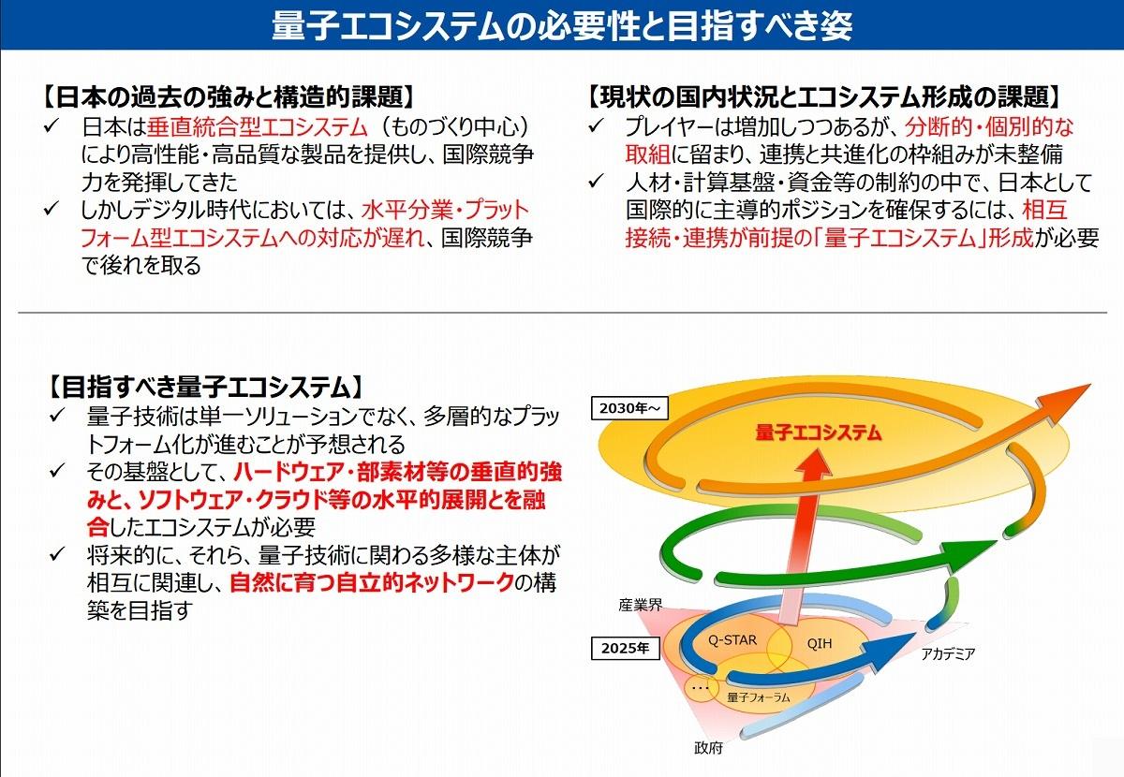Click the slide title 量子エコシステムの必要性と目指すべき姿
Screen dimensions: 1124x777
pos(562,25)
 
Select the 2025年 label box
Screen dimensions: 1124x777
pos(626,648)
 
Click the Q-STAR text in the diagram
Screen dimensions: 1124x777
pos(732,640)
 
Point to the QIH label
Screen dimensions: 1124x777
pos(819,643)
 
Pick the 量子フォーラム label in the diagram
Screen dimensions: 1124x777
pos(758,697)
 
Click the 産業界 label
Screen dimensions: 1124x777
pos(641,606)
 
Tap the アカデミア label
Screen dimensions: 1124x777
pos(948,653)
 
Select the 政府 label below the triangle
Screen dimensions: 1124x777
pos(708,748)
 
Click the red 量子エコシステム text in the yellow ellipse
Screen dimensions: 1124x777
pos(818,432)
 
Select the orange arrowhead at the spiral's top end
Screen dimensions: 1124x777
pos(1064,403)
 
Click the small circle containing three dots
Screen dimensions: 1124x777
pos(701,687)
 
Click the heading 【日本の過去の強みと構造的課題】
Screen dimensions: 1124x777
pos(229,96)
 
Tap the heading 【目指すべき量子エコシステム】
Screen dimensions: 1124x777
pos(204,387)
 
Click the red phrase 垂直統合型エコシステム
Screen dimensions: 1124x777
pos(258,127)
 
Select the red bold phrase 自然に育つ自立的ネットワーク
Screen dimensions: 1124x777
pos(373,582)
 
